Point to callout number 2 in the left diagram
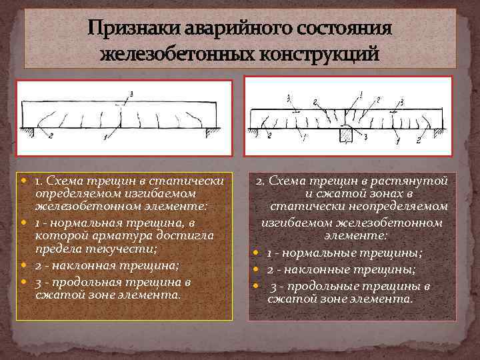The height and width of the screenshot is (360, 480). coord(51,136)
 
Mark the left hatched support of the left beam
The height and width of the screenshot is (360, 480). coord(27,130)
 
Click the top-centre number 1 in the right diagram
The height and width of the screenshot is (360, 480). coord(361,93)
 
